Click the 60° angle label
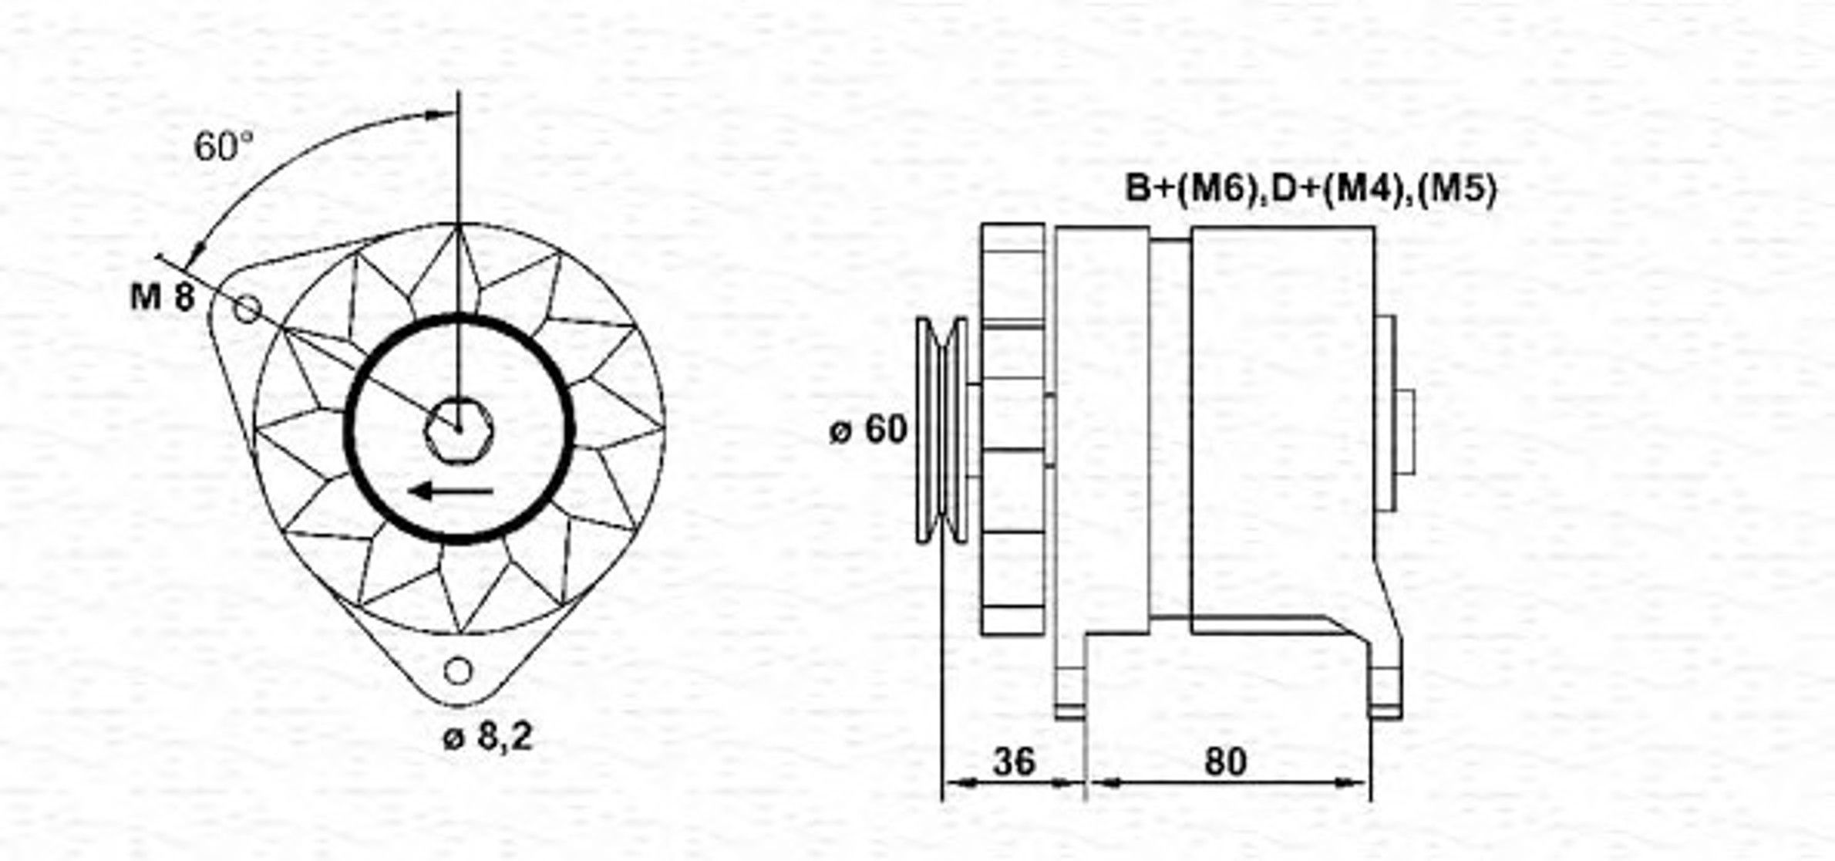[224, 146]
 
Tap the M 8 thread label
[163, 296]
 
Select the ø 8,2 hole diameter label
[487, 738]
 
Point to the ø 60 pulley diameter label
[868, 429]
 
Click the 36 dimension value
[1014, 761]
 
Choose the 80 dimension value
[1225, 761]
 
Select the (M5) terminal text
[1457, 188]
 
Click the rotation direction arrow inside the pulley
[452, 491]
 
